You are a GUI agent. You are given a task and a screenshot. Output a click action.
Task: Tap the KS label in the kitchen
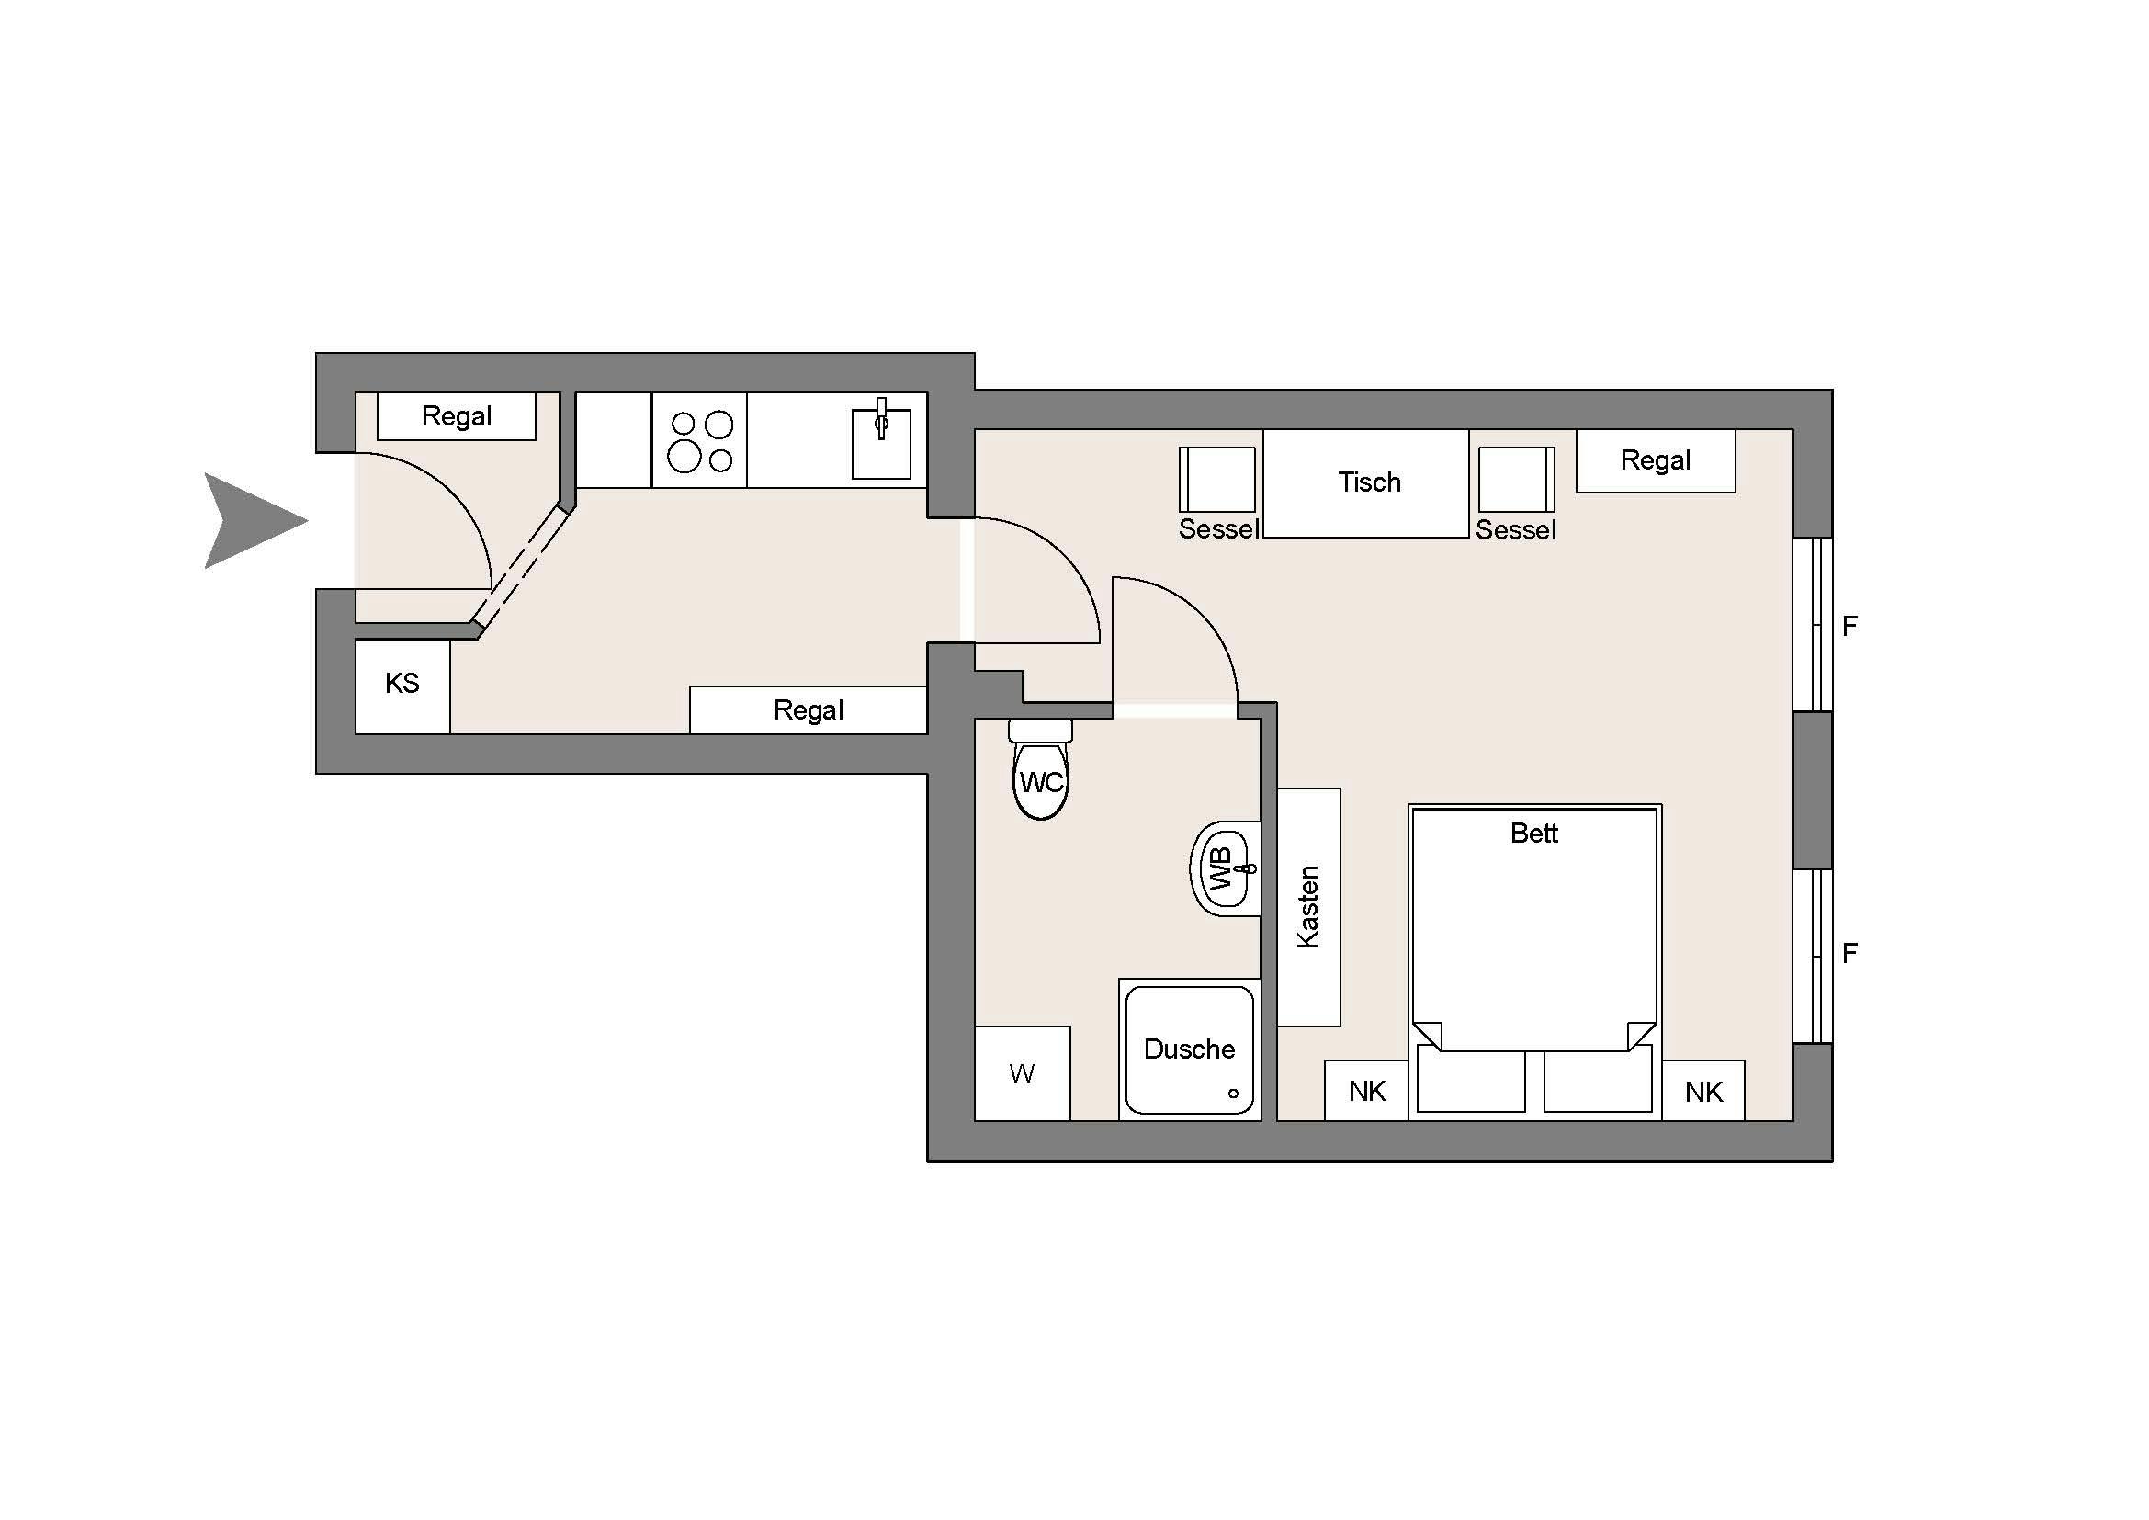pyautogui.click(x=402, y=683)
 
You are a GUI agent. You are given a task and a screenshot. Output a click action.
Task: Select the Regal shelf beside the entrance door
pyautogui.click(x=456, y=416)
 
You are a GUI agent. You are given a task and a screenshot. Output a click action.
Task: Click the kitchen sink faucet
pyautogui.click(x=881, y=417)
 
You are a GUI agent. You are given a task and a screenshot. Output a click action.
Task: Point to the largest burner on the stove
pyautogui.click(x=684, y=457)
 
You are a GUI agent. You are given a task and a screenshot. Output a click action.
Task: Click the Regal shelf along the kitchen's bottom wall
pyautogui.click(x=808, y=709)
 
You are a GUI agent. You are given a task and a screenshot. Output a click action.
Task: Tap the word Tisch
pyautogui.click(x=1368, y=482)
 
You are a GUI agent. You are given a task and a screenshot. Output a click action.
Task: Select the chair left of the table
pyautogui.click(x=1216, y=479)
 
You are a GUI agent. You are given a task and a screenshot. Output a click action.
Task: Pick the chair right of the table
pyautogui.click(x=1516, y=479)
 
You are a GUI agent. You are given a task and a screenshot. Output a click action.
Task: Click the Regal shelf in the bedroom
pyautogui.click(x=1655, y=460)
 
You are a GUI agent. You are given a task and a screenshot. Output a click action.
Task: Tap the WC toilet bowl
pyautogui.click(x=1041, y=778)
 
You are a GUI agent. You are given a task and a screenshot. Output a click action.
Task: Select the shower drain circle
pyautogui.click(x=1233, y=1094)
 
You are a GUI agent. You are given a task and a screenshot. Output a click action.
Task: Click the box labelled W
pyautogui.click(x=1022, y=1073)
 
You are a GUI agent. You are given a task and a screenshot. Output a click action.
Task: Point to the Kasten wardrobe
pyautogui.click(x=1308, y=907)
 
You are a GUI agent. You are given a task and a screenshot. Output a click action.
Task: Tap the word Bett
pyautogui.click(x=1534, y=833)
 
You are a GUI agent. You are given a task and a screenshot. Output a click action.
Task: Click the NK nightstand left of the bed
pyautogui.click(x=1366, y=1091)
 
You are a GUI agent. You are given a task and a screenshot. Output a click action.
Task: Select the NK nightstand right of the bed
pyautogui.click(x=1703, y=1091)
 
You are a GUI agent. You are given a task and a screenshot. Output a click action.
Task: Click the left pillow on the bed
pyautogui.click(x=1471, y=1080)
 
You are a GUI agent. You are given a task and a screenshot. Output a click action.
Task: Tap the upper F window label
pyautogui.click(x=1849, y=626)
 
